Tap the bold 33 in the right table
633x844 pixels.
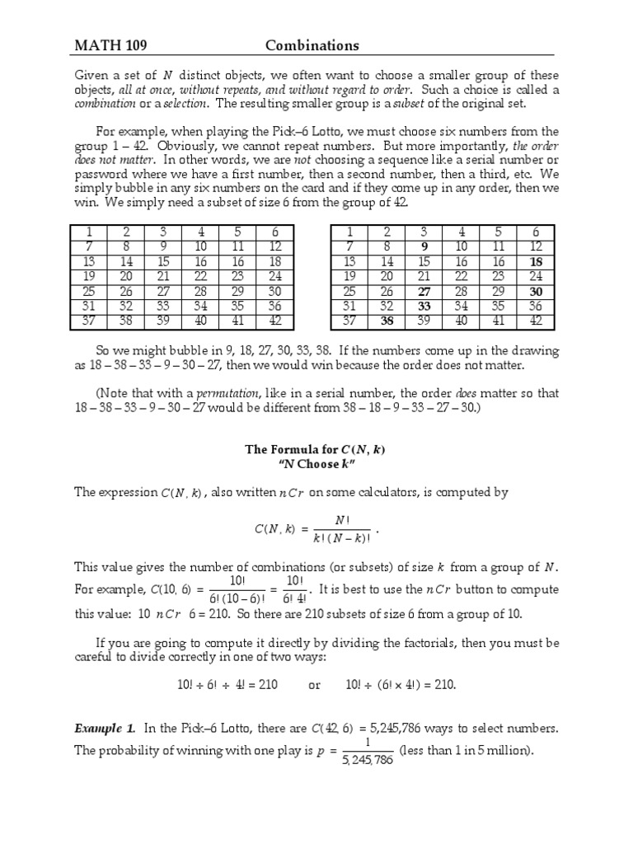click(x=424, y=307)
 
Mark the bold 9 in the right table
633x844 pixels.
click(x=424, y=246)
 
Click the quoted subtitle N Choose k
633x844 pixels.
click(x=316, y=464)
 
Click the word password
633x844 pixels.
click(x=104, y=174)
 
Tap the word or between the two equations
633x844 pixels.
click(x=314, y=685)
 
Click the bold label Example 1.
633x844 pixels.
click(x=105, y=728)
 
